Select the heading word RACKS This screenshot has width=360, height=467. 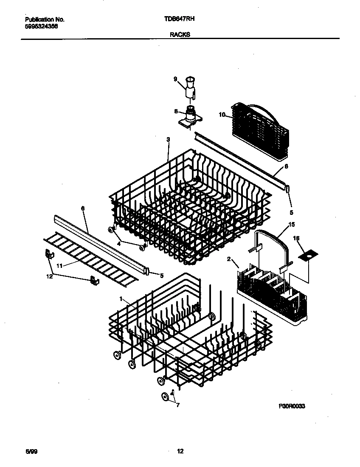(x=180, y=36)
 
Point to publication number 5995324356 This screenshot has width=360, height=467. (x=41, y=26)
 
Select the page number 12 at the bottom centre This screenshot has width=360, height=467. (x=180, y=451)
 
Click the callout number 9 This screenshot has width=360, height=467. (x=174, y=79)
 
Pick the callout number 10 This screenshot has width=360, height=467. (x=222, y=114)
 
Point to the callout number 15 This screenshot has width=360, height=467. (x=292, y=224)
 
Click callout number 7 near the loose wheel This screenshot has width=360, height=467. (x=177, y=405)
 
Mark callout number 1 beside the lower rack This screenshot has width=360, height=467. (x=121, y=299)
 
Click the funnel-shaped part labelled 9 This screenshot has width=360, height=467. (x=191, y=87)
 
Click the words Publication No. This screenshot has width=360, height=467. (x=45, y=20)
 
